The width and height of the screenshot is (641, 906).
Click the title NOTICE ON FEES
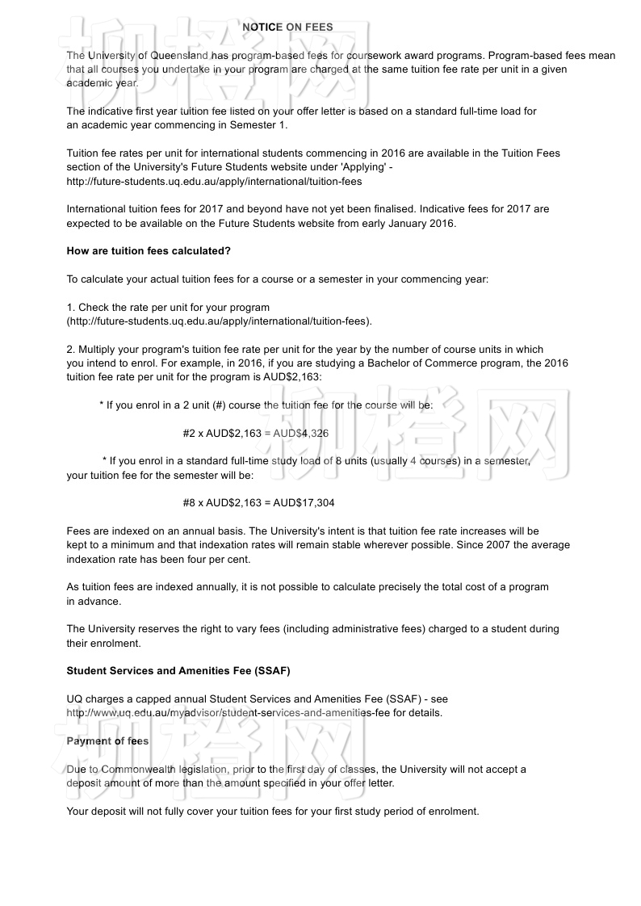(287, 27)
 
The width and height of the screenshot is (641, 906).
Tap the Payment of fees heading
(107, 741)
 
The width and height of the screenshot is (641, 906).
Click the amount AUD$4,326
(301, 434)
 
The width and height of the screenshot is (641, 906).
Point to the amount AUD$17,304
(304, 503)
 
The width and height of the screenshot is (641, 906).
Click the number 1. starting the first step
(71, 308)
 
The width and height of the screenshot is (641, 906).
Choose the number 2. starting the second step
(71, 350)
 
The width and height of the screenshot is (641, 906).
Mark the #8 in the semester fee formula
(189, 503)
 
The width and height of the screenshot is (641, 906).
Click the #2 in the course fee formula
(189, 434)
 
